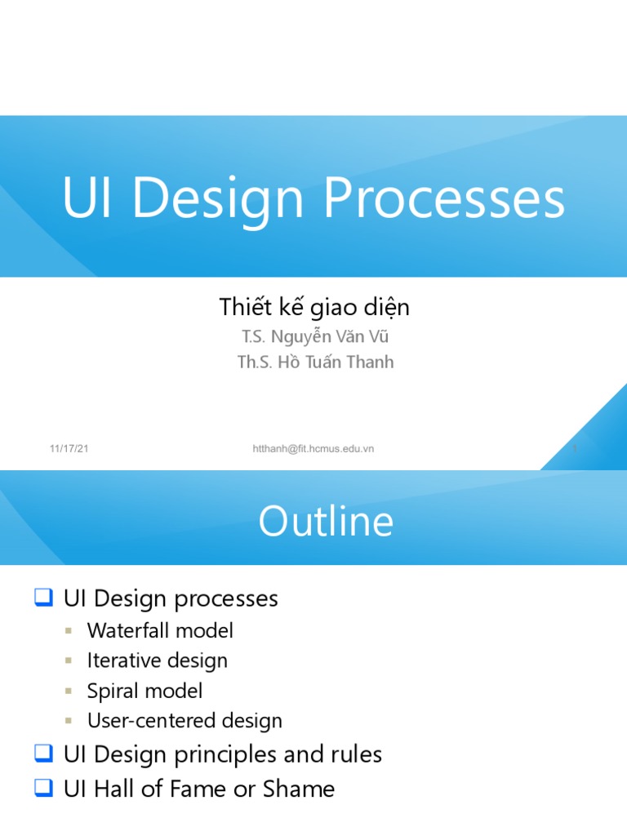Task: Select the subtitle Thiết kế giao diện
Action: pos(314,307)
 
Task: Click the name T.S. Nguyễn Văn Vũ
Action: pos(309,336)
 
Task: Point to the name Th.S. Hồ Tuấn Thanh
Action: pos(315,362)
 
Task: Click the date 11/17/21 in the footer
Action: pos(69,449)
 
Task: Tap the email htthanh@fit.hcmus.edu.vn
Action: pos(313,449)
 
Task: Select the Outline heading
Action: pos(326,522)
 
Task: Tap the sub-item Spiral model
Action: pos(145,691)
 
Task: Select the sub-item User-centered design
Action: pos(185,721)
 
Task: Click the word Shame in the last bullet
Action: pos(299,789)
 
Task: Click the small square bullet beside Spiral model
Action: pos(70,691)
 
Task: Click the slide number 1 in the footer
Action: pos(575,449)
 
